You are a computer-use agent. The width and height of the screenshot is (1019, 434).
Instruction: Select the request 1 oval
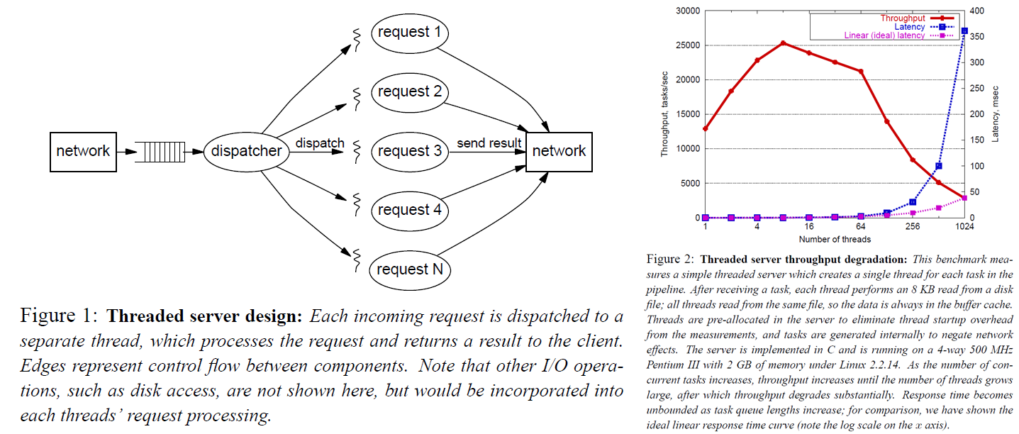pos(409,32)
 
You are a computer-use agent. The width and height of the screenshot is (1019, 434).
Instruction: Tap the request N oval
pos(409,269)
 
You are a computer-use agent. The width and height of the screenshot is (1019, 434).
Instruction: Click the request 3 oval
pos(409,151)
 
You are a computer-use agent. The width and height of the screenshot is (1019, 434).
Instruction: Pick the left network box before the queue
pos(83,151)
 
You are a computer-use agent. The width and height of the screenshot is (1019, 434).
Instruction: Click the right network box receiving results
pos(559,151)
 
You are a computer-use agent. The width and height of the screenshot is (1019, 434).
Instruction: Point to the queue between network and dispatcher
pos(164,151)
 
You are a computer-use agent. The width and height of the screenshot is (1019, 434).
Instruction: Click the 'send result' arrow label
pos(489,143)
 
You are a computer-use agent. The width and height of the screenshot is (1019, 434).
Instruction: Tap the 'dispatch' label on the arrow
pos(320,143)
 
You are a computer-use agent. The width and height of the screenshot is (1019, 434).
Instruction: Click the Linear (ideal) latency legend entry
pos(886,35)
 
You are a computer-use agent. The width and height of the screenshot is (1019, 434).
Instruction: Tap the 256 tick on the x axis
pos(912,228)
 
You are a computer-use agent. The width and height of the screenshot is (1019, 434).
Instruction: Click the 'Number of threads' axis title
pos(835,239)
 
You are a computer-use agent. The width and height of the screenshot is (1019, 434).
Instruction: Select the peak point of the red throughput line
pos(783,43)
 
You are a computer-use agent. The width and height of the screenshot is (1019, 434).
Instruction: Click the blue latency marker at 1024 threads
pos(964,30)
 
